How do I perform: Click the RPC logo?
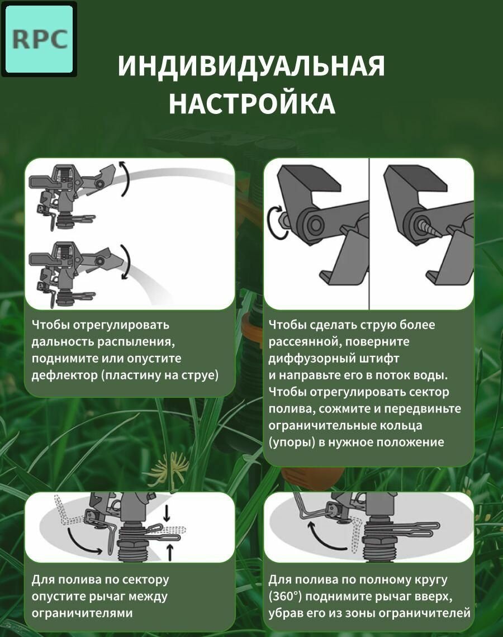[40, 40]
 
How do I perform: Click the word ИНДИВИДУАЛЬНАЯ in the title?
[251, 66]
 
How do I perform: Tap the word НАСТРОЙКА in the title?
[252, 103]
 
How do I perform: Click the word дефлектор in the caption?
[65, 375]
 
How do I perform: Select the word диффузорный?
[312, 359]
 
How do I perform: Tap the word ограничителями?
[82, 613]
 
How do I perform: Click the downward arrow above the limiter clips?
[166, 513]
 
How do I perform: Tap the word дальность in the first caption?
[63, 341]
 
